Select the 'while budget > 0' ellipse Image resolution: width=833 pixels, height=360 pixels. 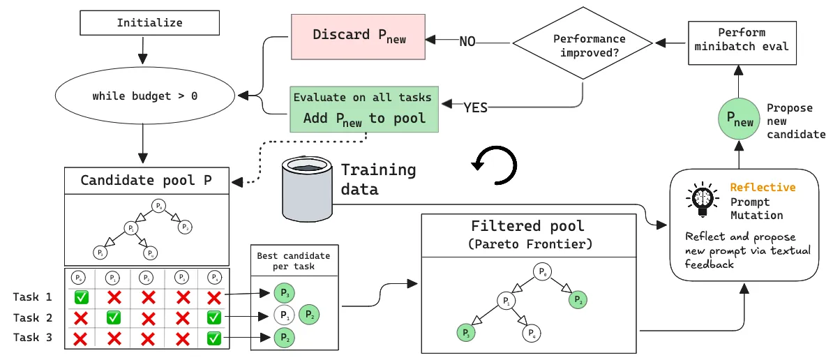pyautogui.click(x=144, y=96)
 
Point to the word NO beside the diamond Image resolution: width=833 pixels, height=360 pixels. pyautogui.click(x=467, y=42)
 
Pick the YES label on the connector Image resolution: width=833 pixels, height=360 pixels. pyautogui.click(x=476, y=107)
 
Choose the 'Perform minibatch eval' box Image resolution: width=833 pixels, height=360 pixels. pyautogui.click(x=741, y=40)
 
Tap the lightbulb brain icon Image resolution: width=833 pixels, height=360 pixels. pyautogui.click(x=700, y=199)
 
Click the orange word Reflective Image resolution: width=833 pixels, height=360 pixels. pyautogui.click(x=763, y=187)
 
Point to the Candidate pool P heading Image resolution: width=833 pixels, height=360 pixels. pyautogui.click(x=147, y=181)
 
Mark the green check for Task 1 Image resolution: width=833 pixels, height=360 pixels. pyautogui.click(x=81, y=297)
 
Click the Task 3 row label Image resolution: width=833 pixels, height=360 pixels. pyautogui.click(x=33, y=339)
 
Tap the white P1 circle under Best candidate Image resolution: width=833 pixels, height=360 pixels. pyautogui.click(x=284, y=316)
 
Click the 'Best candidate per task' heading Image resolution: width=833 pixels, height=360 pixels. pyautogui.click(x=294, y=262)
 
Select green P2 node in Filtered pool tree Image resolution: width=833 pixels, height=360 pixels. pyautogui.click(x=577, y=300)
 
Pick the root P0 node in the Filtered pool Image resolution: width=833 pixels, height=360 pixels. pyautogui.click(x=542, y=271)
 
